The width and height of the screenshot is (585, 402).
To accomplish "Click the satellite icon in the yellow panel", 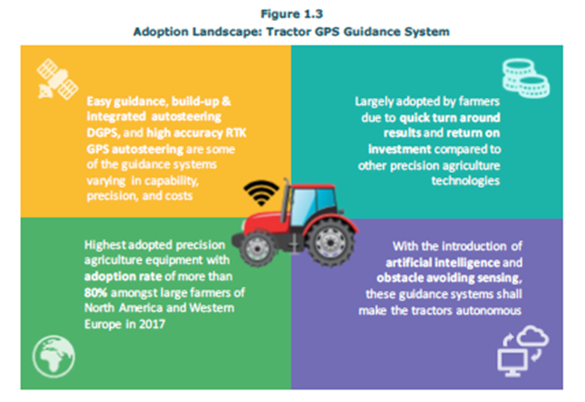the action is (57, 79).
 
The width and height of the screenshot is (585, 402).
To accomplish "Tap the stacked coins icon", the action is (526, 78).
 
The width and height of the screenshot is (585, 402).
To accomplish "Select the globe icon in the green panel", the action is (53, 356).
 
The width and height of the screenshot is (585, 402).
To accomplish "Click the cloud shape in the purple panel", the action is (533, 335).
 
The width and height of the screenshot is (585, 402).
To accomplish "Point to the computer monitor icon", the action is (512, 362).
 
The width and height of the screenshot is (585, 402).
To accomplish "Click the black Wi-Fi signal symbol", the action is (261, 192).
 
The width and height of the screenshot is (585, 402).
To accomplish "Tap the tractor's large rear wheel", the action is (331, 243).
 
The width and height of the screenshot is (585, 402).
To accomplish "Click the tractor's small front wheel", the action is (257, 248).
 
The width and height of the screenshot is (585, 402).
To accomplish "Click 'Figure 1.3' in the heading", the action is (292, 14).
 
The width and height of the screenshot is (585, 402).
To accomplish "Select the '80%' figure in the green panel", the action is (95, 293).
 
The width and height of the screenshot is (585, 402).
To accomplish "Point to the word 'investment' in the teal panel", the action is (400, 149).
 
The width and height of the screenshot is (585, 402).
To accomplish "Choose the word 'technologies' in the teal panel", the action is (465, 181).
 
